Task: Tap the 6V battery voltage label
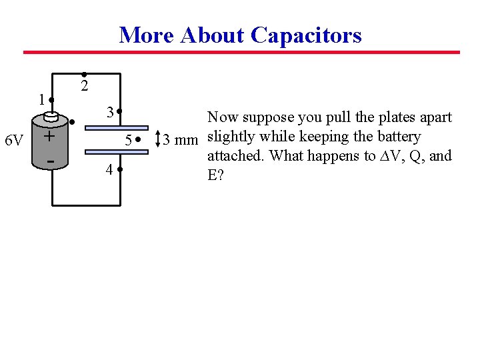click(x=14, y=141)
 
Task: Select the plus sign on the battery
click(x=49, y=136)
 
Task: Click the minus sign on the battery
click(x=49, y=161)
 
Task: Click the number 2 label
click(x=84, y=87)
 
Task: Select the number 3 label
click(x=106, y=111)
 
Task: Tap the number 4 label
click(x=109, y=170)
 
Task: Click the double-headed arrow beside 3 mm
click(x=157, y=139)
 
